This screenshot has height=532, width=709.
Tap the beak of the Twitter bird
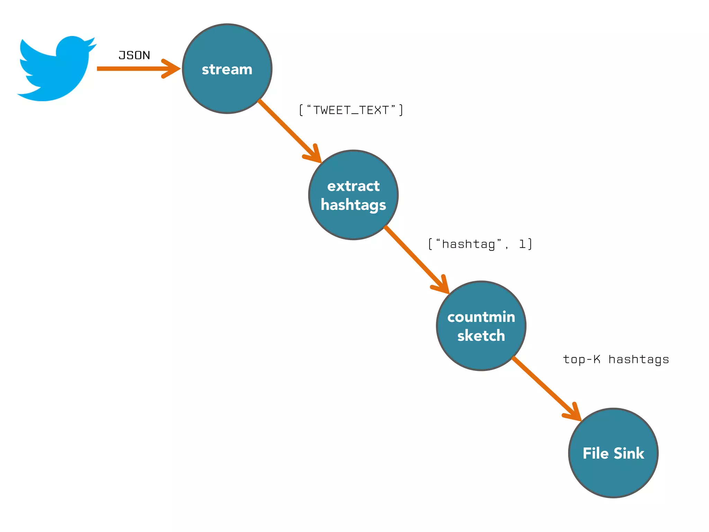[x=93, y=46]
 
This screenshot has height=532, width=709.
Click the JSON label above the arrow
[x=134, y=55]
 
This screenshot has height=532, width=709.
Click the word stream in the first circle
[x=227, y=69]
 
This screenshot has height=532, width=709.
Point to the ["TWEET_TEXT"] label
[x=351, y=110]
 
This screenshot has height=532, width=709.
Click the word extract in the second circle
[x=353, y=186]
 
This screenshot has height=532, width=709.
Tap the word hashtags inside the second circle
[x=353, y=205]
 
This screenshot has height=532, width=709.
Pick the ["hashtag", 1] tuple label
[x=480, y=244]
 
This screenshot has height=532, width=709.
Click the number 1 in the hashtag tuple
[x=522, y=244]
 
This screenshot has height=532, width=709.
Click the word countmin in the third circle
[x=481, y=317]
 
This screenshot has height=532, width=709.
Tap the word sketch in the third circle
[x=481, y=336]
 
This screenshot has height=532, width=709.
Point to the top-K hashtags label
[x=616, y=360]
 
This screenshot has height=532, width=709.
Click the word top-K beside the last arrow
[x=582, y=359]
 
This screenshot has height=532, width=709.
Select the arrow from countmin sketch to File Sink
[x=544, y=386]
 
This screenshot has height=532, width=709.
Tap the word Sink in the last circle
[x=629, y=453]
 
